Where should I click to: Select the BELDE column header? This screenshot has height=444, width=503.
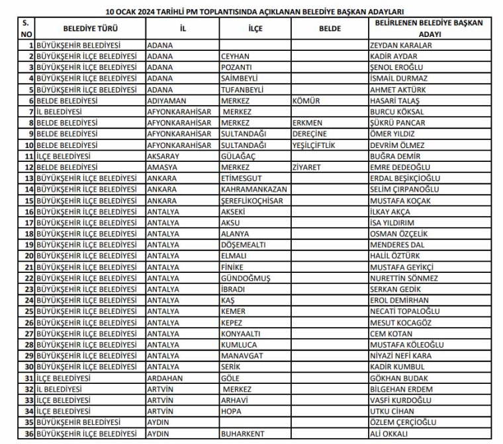pos(329,28)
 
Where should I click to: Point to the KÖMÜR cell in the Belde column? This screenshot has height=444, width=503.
pos(306,101)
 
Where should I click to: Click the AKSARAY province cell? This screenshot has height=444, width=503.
pos(165,156)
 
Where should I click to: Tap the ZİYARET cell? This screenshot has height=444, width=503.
pos(306,167)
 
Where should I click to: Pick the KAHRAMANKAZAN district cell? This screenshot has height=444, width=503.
pos(254,190)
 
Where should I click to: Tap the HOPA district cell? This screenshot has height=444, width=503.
pos(232,412)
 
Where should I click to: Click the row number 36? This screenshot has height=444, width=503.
pos(28,434)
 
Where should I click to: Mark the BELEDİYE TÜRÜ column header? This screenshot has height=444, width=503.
pos(90,28)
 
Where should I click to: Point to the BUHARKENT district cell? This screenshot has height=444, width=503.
pos(244,434)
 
